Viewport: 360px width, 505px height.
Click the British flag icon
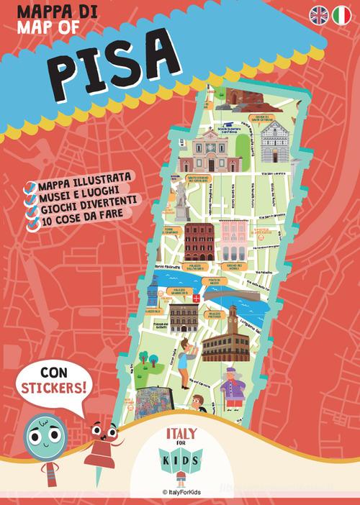coord(319,14)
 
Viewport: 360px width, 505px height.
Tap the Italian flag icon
coord(341,14)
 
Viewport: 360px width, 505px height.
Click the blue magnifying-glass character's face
coord(40,432)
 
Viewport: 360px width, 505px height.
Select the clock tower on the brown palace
coord(232,320)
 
